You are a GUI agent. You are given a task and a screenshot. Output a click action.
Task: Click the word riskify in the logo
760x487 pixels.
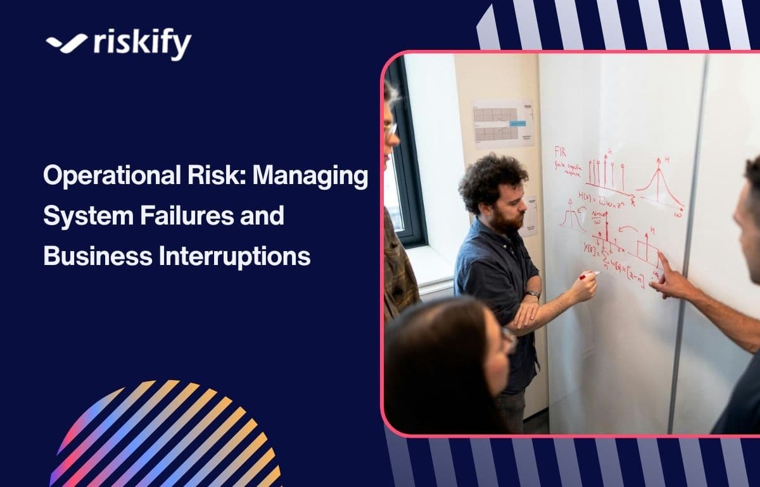142,44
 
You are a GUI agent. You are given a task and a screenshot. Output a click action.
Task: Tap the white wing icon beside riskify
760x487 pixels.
66,42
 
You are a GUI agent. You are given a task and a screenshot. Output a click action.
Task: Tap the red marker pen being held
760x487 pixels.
590,274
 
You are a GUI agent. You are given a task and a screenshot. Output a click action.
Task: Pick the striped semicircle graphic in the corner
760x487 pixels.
168,436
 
